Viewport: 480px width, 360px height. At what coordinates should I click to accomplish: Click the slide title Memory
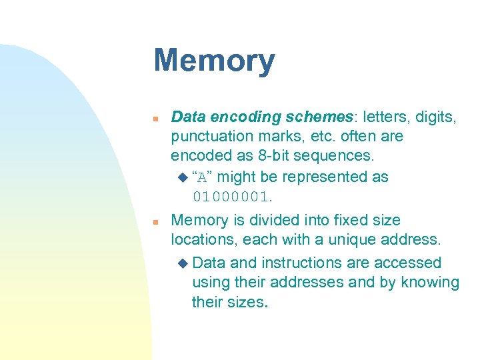(x=213, y=61)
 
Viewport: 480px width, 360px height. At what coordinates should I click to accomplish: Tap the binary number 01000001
(x=231, y=197)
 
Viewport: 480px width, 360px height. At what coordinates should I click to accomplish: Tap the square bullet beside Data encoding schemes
(x=155, y=118)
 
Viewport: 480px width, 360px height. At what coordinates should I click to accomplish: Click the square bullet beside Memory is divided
(x=155, y=221)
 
